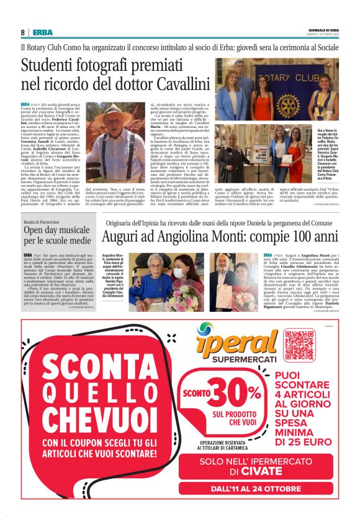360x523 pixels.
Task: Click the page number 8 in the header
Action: click(x=23, y=32)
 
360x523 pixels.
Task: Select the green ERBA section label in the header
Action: click(x=43, y=32)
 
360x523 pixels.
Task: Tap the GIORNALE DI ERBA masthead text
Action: click(x=323, y=29)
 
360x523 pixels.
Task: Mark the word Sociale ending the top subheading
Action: click(x=325, y=47)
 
